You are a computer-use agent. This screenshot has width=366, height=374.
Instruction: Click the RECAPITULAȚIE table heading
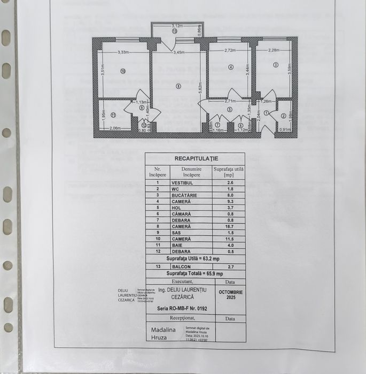click(x=196, y=159)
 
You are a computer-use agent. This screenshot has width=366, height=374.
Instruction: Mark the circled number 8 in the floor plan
click(x=178, y=86)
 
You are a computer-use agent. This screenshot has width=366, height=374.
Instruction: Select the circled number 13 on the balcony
click(x=175, y=31)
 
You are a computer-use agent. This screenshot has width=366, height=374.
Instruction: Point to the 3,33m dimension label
click(x=124, y=52)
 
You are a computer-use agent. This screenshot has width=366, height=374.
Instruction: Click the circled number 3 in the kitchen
click(x=276, y=65)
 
